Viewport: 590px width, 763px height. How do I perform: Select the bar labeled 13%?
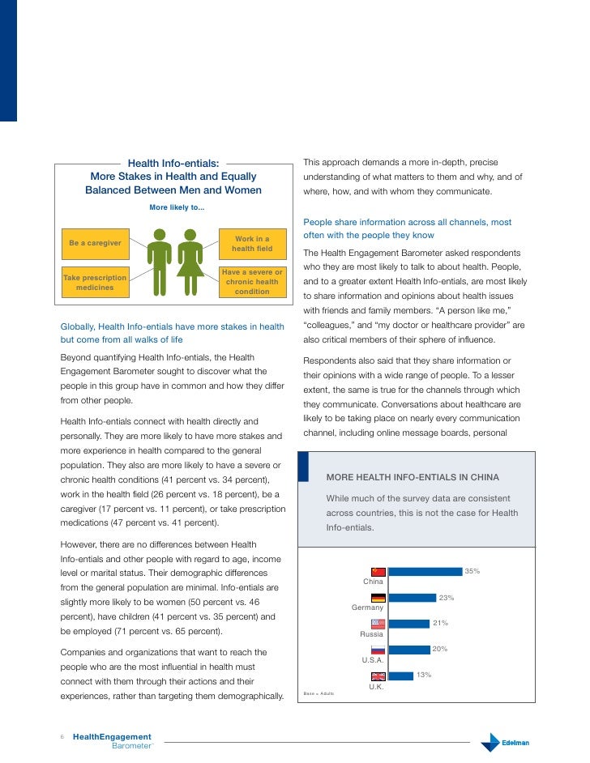click(401, 676)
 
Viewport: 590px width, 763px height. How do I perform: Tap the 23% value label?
click(446, 598)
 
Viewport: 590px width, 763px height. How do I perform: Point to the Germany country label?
click(368, 607)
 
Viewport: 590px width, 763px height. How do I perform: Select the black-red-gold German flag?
click(378, 598)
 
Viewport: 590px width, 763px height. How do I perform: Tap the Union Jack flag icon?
click(378, 676)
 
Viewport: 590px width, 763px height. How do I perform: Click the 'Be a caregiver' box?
click(95, 243)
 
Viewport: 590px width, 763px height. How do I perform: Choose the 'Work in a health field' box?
click(252, 244)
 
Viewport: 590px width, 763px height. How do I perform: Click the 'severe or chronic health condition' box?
click(252, 281)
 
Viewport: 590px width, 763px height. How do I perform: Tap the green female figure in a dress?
click(190, 262)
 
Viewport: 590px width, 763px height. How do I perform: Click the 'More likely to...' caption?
click(177, 207)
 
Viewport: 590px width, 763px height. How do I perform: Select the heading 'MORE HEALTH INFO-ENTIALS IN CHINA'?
click(412, 477)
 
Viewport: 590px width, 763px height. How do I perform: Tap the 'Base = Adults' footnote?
click(319, 694)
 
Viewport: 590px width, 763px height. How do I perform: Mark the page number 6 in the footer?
click(62, 737)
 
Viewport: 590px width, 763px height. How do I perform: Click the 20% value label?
click(440, 649)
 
